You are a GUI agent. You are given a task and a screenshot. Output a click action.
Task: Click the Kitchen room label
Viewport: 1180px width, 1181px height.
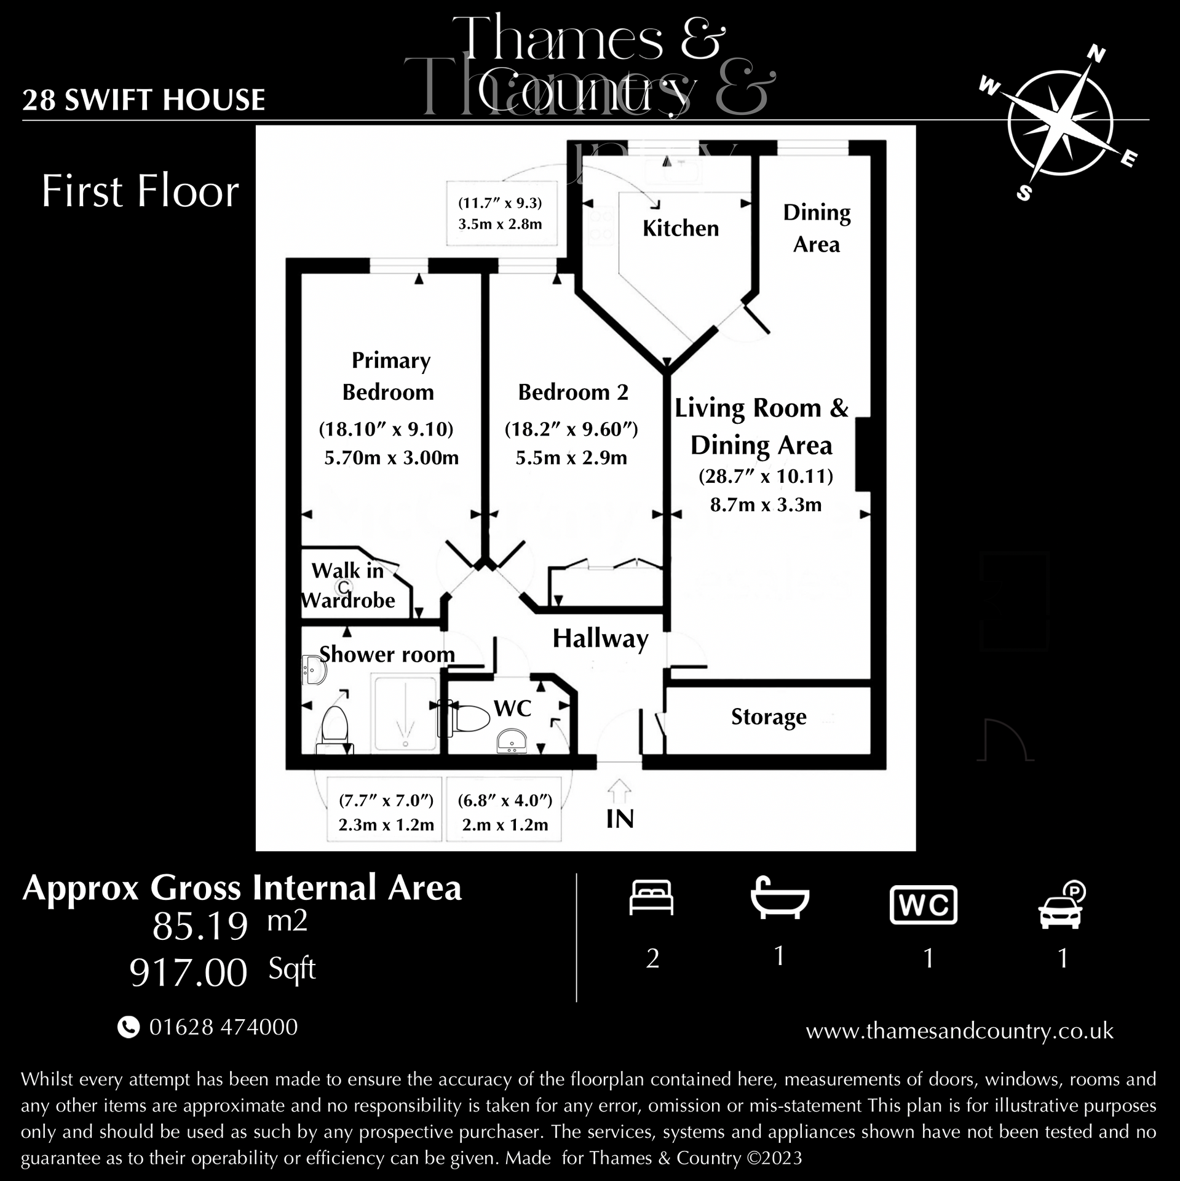click(680, 228)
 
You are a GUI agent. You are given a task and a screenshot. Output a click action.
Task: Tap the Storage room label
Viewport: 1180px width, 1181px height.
click(768, 717)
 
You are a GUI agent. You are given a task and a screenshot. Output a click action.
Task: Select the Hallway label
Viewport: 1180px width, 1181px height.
click(600, 638)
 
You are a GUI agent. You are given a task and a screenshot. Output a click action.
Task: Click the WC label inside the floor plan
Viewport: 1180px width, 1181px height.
click(512, 708)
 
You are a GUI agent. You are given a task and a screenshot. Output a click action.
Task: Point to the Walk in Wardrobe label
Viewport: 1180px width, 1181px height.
click(348, 585)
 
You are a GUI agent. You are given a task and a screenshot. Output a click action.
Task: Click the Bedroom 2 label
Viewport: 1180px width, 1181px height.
click(573, 392)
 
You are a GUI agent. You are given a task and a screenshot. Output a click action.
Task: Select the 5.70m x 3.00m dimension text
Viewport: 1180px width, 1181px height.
click(391, 458)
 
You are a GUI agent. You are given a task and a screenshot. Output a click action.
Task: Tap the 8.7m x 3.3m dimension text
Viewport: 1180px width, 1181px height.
click(766, 505)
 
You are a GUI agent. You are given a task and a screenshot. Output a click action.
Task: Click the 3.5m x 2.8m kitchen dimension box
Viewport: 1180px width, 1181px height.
click(501, 213)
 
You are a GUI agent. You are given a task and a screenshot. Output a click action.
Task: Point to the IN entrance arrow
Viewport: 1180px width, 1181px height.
click(619, 792)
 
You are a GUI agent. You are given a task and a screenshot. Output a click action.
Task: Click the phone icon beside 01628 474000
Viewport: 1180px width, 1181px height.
click(128, 1027)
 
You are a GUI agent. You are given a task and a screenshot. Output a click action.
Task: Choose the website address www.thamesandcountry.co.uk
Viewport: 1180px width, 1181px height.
click(959, 1031)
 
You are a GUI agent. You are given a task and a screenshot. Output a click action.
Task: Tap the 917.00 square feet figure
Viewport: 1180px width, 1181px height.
click(188, 973)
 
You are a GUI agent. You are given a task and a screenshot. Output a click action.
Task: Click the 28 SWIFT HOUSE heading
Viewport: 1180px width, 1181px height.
click(144, 100)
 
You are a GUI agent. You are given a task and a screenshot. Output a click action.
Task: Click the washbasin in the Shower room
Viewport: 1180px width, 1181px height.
click(315, 669)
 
